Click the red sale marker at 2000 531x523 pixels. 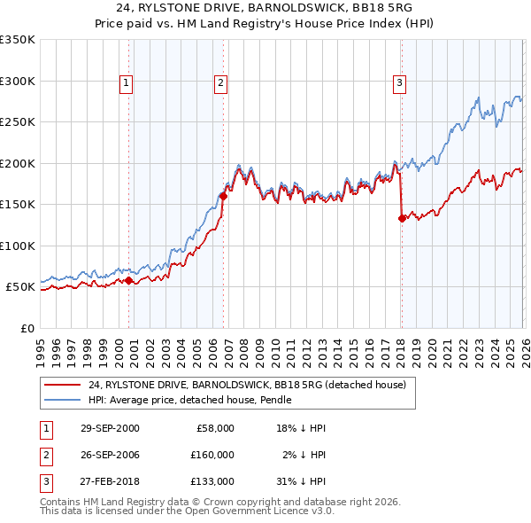pyautogui.click(x=129, y=281)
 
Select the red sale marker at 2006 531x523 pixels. pyautogui.click(x=223, y=197)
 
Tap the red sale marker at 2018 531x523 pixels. pyautogui.click(x=402, y=218)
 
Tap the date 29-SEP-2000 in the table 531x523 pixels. pyautogui.click(x=110, y=428)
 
